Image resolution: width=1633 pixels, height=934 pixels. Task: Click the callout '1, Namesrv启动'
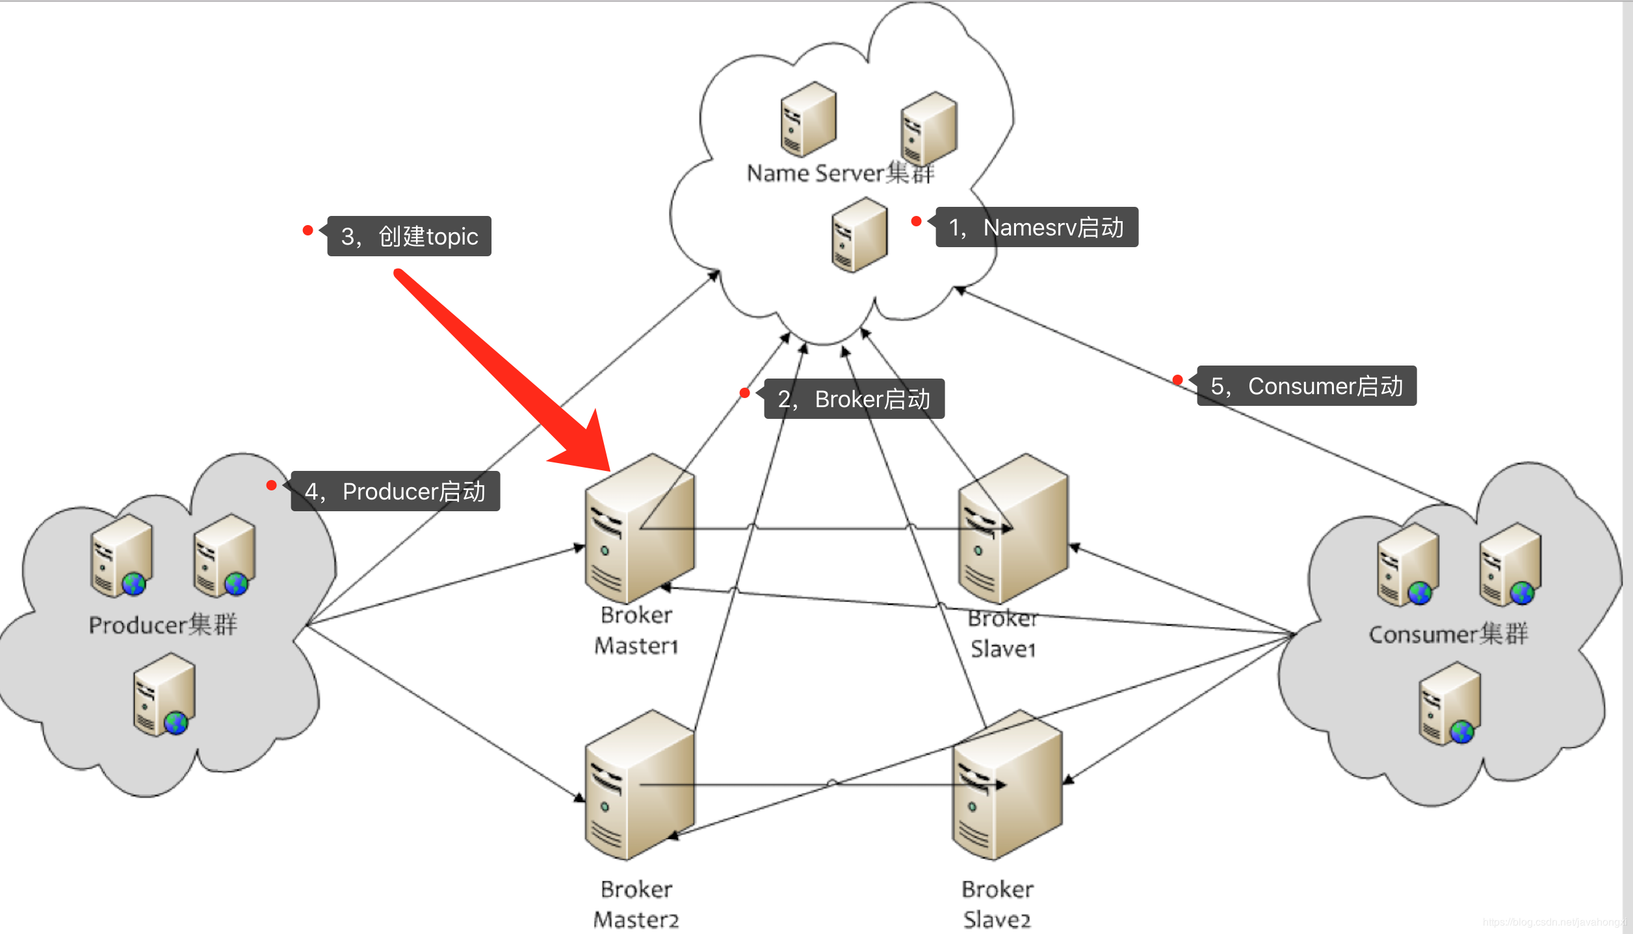[x=1036, y=228]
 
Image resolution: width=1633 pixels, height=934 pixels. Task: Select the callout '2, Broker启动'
[x=854, y=399]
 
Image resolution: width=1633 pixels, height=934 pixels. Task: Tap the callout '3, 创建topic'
[x=409, y=236]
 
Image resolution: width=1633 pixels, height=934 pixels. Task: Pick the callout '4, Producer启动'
[x=395, y=491]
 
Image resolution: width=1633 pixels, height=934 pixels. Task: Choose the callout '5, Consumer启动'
[x=1307, y=386]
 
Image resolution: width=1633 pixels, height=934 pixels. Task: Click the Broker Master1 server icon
[x=640, y=529]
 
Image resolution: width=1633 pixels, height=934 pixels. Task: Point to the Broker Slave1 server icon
[x=1013, y=529]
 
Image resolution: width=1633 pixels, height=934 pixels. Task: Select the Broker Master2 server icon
[x=640, y=786]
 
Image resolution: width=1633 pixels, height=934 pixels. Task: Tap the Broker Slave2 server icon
[x=1007, y=786]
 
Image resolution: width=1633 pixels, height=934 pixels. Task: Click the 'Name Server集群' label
[x=840, y=174]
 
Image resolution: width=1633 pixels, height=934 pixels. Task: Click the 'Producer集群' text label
[x=163, y=625]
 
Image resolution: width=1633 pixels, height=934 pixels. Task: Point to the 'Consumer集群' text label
[x=1448, y=634]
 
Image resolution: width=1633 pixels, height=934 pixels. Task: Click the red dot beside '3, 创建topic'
[x=308, y=230]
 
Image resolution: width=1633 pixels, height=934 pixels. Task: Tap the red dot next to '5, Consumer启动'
[x=1177, y=380]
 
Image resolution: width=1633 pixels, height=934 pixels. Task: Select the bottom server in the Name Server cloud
[x=859, y=235]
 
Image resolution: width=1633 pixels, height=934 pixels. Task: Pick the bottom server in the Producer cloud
[x=164, y=695]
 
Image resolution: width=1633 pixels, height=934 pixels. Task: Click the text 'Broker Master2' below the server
[x=636, y=904]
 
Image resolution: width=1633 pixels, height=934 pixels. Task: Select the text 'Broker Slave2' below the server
[x=997, y=904]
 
